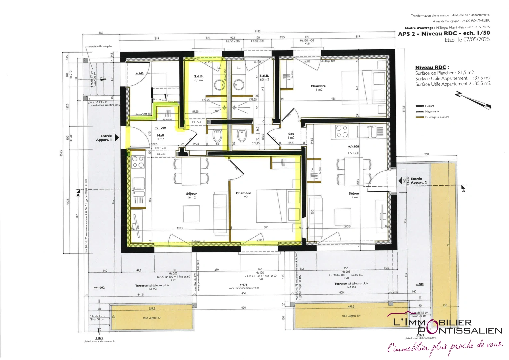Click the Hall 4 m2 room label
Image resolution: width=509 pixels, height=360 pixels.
tap(160, 137)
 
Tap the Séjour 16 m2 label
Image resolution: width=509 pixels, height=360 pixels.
tap(191, 195)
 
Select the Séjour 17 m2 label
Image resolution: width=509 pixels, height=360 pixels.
tap(354, 195)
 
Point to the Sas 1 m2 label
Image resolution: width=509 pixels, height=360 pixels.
tap(291, 136)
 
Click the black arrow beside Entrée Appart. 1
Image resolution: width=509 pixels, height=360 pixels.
tap(117, 138)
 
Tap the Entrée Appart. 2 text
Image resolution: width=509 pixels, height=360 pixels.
tap(418, 181)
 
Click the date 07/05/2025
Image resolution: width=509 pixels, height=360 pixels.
tap(476, 40)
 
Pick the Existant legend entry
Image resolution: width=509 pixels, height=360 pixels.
tap(429, 106)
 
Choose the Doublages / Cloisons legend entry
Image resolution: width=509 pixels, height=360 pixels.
tap(437, 117)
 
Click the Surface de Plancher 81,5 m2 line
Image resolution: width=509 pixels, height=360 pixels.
tap(444, 73)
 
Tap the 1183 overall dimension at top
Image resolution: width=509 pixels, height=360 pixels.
tap(257, 31)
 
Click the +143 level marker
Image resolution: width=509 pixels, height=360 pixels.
tap(140, 73)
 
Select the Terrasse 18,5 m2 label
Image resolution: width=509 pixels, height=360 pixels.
tap(152, 287)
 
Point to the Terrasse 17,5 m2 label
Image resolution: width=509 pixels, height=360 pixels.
tap(351, 285)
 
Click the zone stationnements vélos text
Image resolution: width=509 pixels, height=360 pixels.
tap(244, 288)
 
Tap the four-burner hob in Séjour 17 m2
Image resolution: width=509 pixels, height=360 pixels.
tap(342, 131)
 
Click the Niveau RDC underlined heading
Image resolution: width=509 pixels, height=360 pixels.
tap(432, 67)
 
